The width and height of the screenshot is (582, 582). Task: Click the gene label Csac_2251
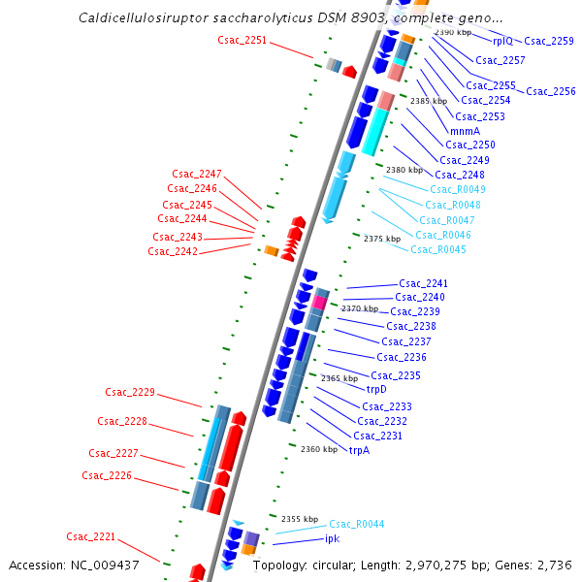242,40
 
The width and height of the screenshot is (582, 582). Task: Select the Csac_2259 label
549,42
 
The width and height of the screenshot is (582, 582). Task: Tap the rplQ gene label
502,41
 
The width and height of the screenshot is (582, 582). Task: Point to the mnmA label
465,131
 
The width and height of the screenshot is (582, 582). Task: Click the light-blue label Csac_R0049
458,189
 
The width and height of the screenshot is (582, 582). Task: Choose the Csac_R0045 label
438,250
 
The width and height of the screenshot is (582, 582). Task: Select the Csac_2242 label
173,252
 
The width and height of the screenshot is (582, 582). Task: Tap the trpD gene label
376,390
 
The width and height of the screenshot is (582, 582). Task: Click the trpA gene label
360,450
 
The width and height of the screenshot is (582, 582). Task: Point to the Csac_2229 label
130,392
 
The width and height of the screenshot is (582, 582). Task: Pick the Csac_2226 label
107,475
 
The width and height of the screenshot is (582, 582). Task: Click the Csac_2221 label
91,536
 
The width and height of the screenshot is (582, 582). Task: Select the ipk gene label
333,538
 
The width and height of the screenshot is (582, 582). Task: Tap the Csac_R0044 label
357,524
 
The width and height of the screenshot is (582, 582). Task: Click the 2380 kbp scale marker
404,170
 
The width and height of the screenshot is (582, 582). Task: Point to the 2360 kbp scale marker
319,450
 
